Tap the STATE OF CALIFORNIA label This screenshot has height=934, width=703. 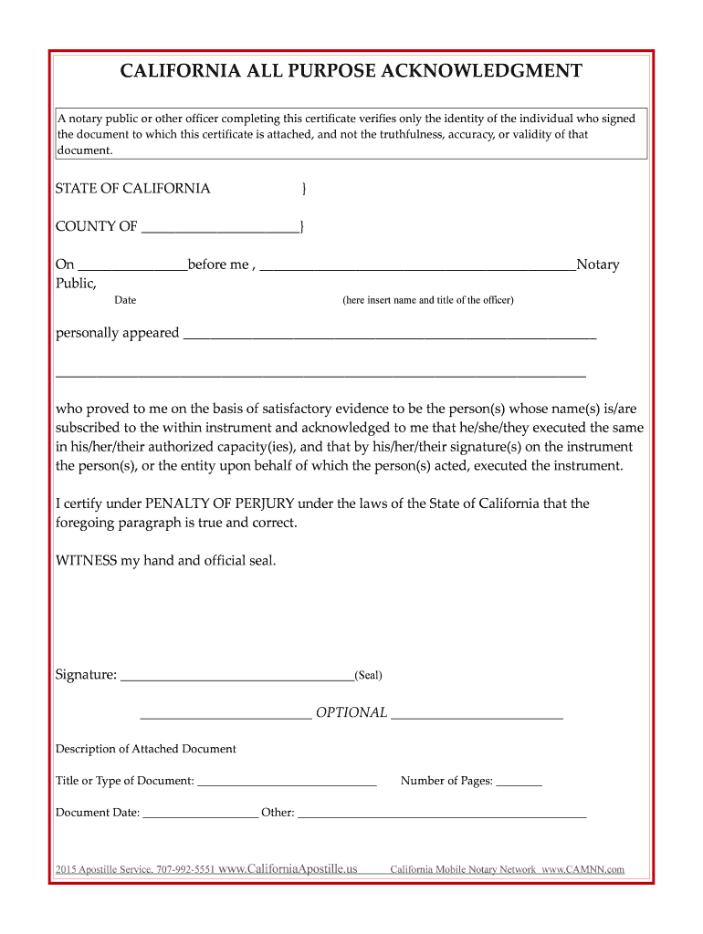[x=133, y=189]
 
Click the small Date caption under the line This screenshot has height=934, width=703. [x=125, y=300]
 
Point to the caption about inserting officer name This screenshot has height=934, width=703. [x=427, y=300]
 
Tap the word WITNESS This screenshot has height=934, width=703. [x=86, y=560]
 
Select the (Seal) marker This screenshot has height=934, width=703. [x=369, y=676]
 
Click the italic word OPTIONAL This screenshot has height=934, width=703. [x=351, y=712]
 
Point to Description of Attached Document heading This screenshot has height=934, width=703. [x=146, y=749]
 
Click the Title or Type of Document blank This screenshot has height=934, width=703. [x=287, y=783]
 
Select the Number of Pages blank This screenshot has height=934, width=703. [x=519, y=783]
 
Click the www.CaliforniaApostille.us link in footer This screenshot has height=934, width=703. [x=289, y=869]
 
